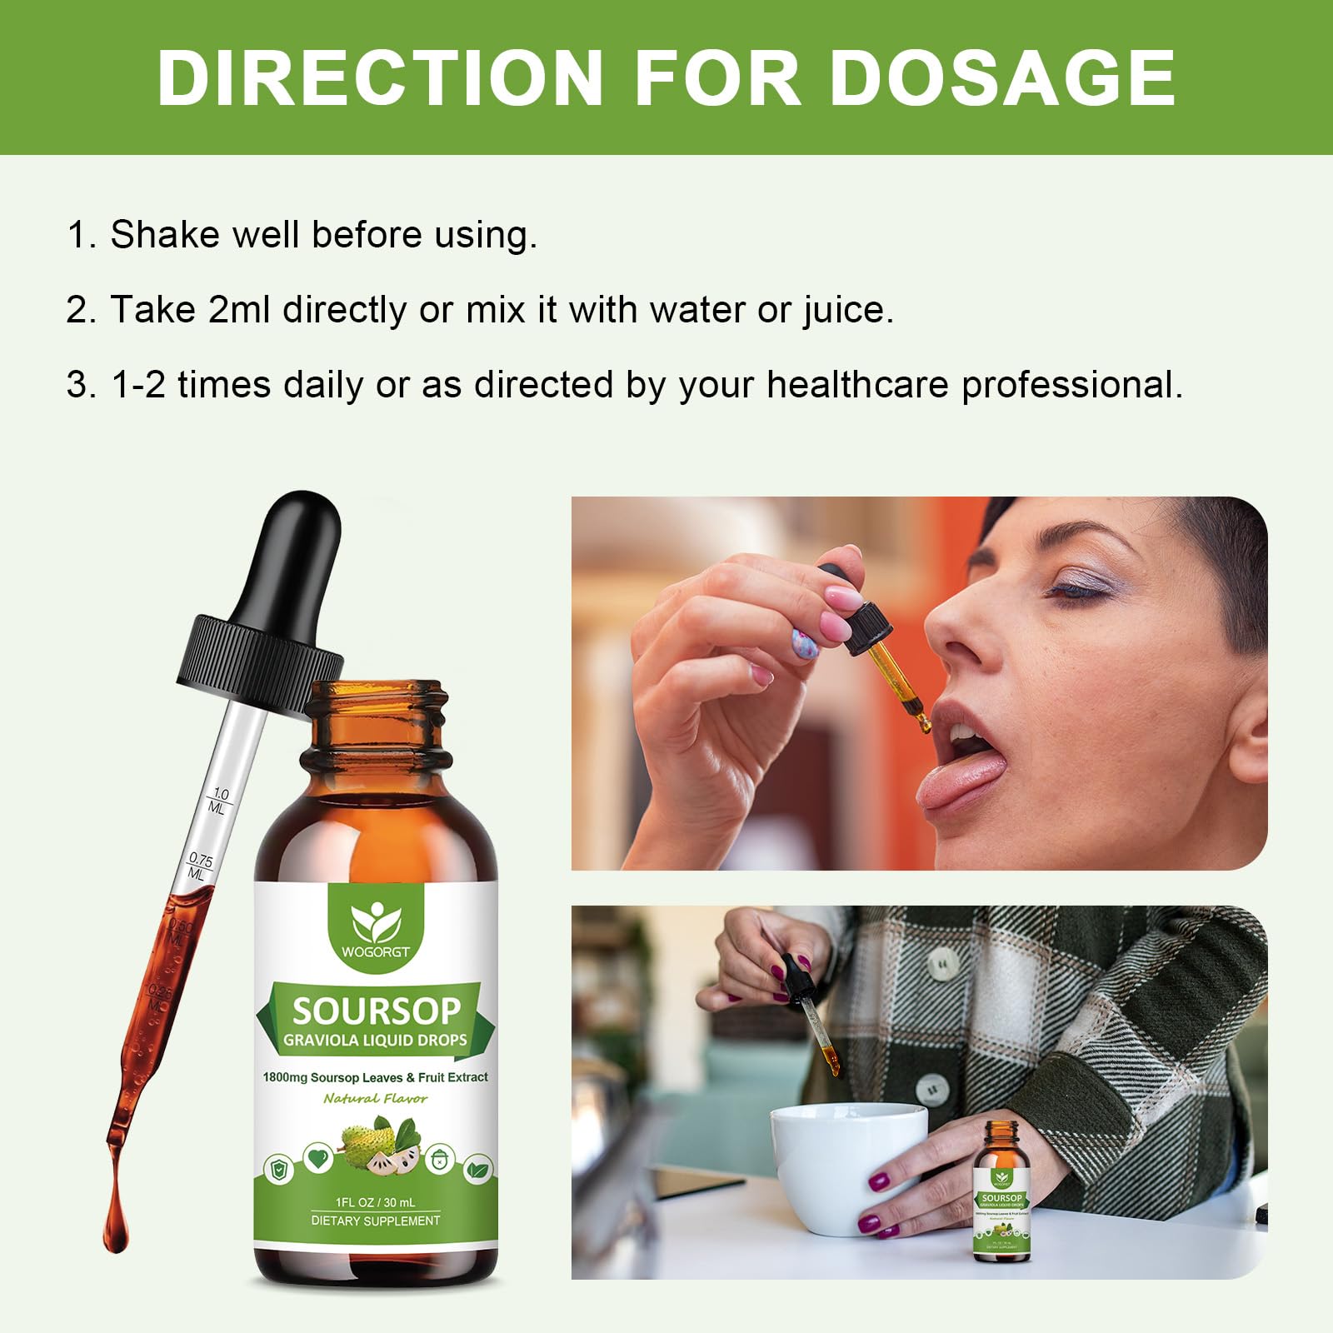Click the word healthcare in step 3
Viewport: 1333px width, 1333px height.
(x=857, y=385)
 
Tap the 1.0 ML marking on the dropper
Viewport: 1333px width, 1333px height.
(x=218, y=801)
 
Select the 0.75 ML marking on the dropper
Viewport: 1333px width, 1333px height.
(x=199, y=866)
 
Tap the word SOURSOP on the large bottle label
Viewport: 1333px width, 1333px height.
(x=376, y=1011)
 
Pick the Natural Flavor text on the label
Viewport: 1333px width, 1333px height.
(x=376, y=1099)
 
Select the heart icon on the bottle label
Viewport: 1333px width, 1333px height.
(x=317, y=1157)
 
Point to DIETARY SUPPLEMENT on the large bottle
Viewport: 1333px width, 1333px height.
(x=376, y=1221)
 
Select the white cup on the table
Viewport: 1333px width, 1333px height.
(x=846, y=1166)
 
